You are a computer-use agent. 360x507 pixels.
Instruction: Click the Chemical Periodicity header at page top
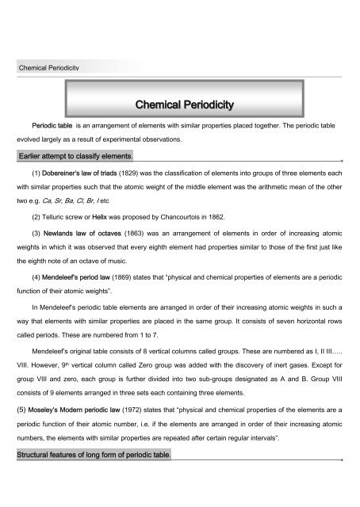tap(56, 70)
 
